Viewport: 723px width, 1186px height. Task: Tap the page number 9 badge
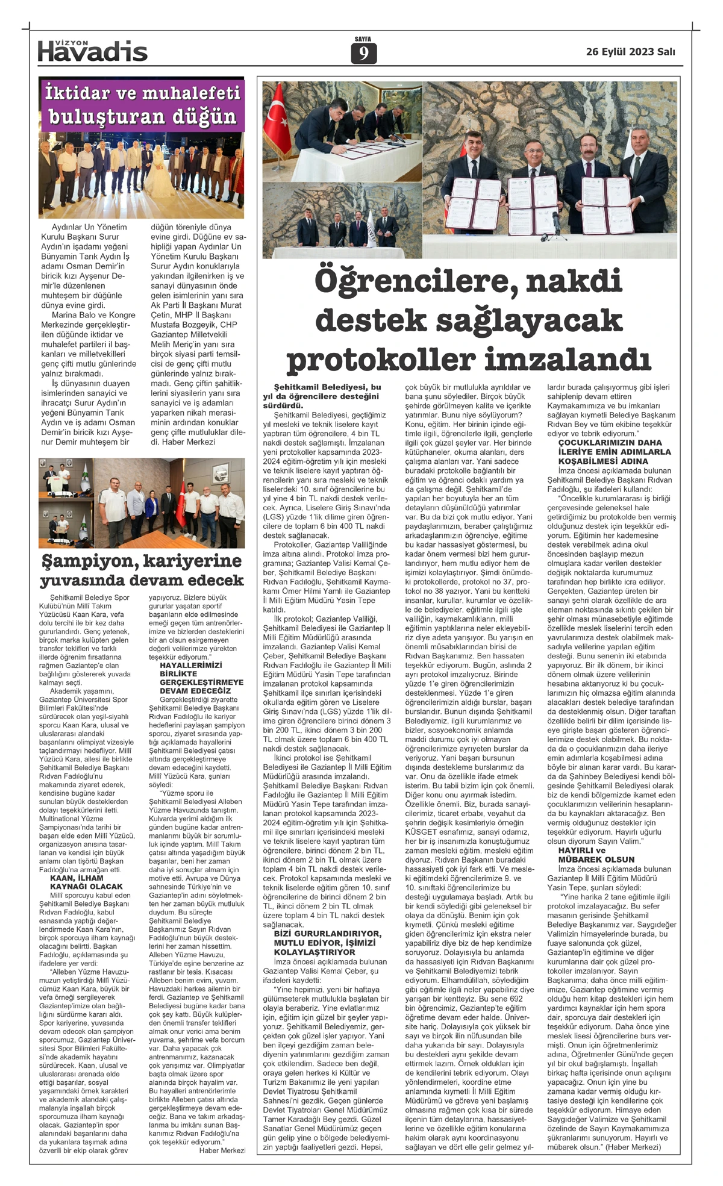pyautogui.click(x=363, y=54)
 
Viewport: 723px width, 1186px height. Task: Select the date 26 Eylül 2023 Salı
pyautogui.click(x=630, y=52)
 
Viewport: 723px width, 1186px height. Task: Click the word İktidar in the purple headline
pyautogui.click(x=77, y=93)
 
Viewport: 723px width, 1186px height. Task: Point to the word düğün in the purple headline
pyautogui.click(x=204, y=116)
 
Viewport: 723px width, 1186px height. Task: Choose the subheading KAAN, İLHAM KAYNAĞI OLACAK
pyautogui.click(x=86, y=882)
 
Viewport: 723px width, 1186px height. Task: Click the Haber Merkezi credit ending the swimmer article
pyautogui.click(x=222, y=1150)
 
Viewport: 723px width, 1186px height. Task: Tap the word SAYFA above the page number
pyautogui.click(x=363, y=39)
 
